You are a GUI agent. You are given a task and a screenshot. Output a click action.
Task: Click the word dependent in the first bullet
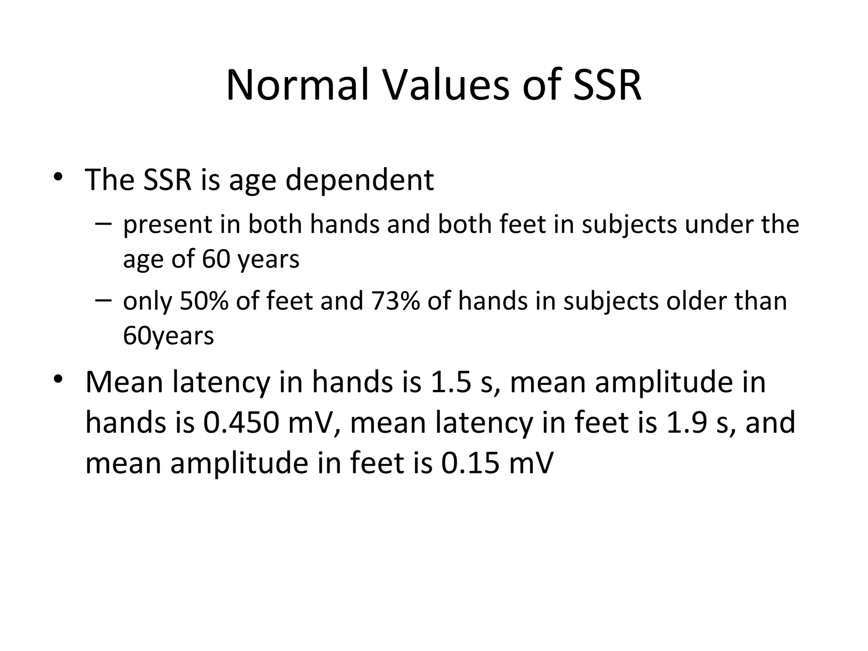(x=359, y=180)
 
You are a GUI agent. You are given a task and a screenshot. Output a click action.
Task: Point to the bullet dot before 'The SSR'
(x=58, y=177)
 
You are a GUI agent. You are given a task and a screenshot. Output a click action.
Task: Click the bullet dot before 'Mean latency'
(x=58, y=378)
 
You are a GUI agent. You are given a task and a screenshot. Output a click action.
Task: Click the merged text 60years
(x=168, y=336)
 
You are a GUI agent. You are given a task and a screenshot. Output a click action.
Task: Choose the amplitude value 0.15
(x=470, y=463)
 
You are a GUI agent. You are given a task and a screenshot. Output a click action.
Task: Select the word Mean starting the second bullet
(x=124, y=381)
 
